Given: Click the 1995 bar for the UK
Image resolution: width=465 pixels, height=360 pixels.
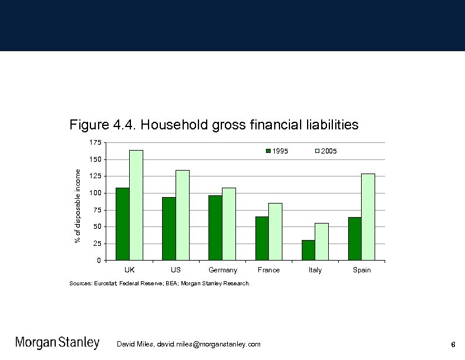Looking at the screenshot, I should (122, 224).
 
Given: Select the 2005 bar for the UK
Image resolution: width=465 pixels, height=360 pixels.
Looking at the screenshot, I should (136, 205).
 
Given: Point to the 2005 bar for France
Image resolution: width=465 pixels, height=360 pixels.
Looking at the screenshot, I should (275, 232).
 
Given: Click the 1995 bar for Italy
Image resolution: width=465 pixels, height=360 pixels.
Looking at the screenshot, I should (308, 250).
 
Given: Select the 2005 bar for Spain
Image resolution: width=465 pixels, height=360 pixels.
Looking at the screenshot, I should (368, 217).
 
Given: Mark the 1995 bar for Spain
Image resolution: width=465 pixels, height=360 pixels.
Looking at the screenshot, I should (355, 239).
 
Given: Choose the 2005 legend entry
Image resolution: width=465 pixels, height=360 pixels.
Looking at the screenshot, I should (326, 151).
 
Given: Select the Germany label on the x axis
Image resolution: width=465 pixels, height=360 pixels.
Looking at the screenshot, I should (223, 270).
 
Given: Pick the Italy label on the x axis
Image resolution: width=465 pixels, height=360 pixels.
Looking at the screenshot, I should (315, 270).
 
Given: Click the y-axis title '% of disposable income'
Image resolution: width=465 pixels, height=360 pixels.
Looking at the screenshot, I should (77, 206).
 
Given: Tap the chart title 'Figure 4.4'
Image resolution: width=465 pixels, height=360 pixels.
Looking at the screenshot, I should (214, 125).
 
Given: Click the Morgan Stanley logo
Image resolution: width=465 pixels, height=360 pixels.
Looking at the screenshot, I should (57, 343).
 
